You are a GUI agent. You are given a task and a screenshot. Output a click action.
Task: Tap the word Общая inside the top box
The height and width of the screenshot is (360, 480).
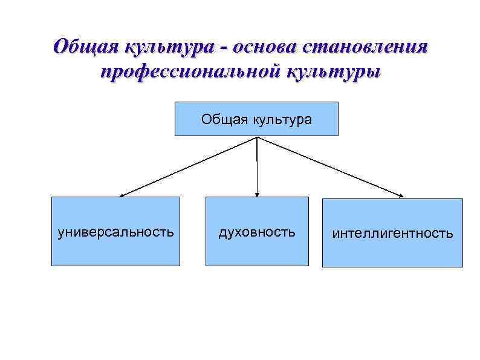click(x=221, y=119)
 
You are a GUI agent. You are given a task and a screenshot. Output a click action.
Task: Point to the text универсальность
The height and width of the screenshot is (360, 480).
click(x=115, y=232)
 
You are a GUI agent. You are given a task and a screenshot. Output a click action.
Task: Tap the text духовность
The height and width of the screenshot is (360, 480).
click(x=257, y=232)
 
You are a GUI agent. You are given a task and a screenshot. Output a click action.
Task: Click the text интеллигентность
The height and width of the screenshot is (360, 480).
click(x=392, y=234)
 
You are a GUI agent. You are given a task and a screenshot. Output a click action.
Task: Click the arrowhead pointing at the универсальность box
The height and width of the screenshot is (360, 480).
click(x=122, y=195)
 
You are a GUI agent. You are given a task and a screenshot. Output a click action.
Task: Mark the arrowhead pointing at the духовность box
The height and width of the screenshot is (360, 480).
click(x=257, y=194)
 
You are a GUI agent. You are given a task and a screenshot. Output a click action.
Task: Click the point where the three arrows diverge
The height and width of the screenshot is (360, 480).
click(x=258, y=137)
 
